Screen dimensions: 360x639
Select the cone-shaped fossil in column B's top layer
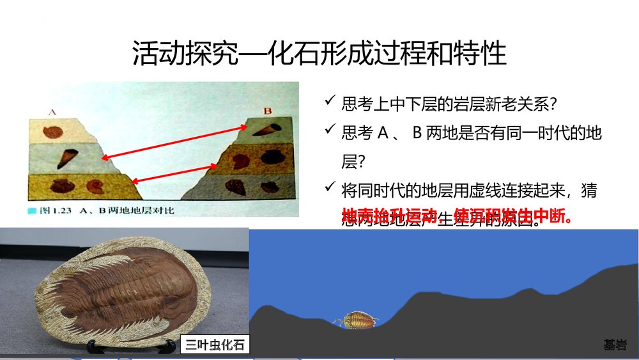[263, 129]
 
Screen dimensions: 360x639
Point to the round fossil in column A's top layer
[50, 132]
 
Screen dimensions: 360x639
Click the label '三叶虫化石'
[215, 345]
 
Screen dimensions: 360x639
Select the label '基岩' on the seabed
[615, 345]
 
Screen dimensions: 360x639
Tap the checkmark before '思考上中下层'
[330, 102]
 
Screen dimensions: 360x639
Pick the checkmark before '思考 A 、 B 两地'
[330, 132]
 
